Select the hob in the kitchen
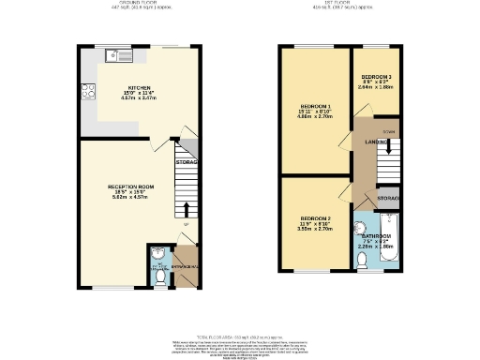(88, 91)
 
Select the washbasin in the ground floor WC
(157, 252)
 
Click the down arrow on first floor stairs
(388, 148)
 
